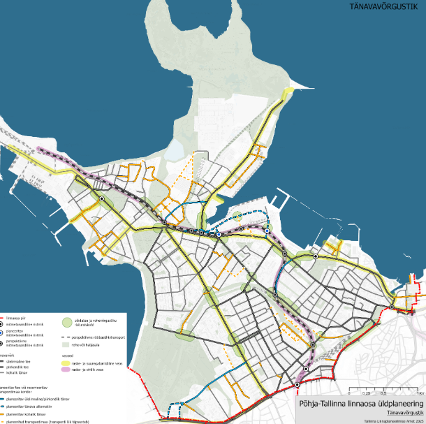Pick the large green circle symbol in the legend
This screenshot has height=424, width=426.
(x=68, y=323)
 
